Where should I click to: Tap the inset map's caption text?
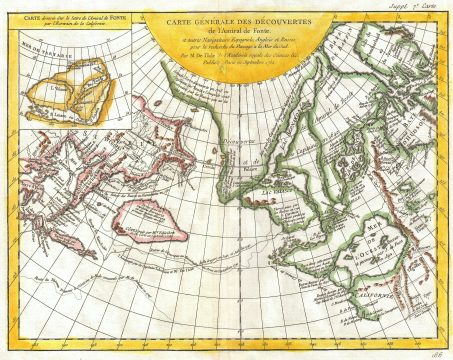(x=67, y=23)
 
